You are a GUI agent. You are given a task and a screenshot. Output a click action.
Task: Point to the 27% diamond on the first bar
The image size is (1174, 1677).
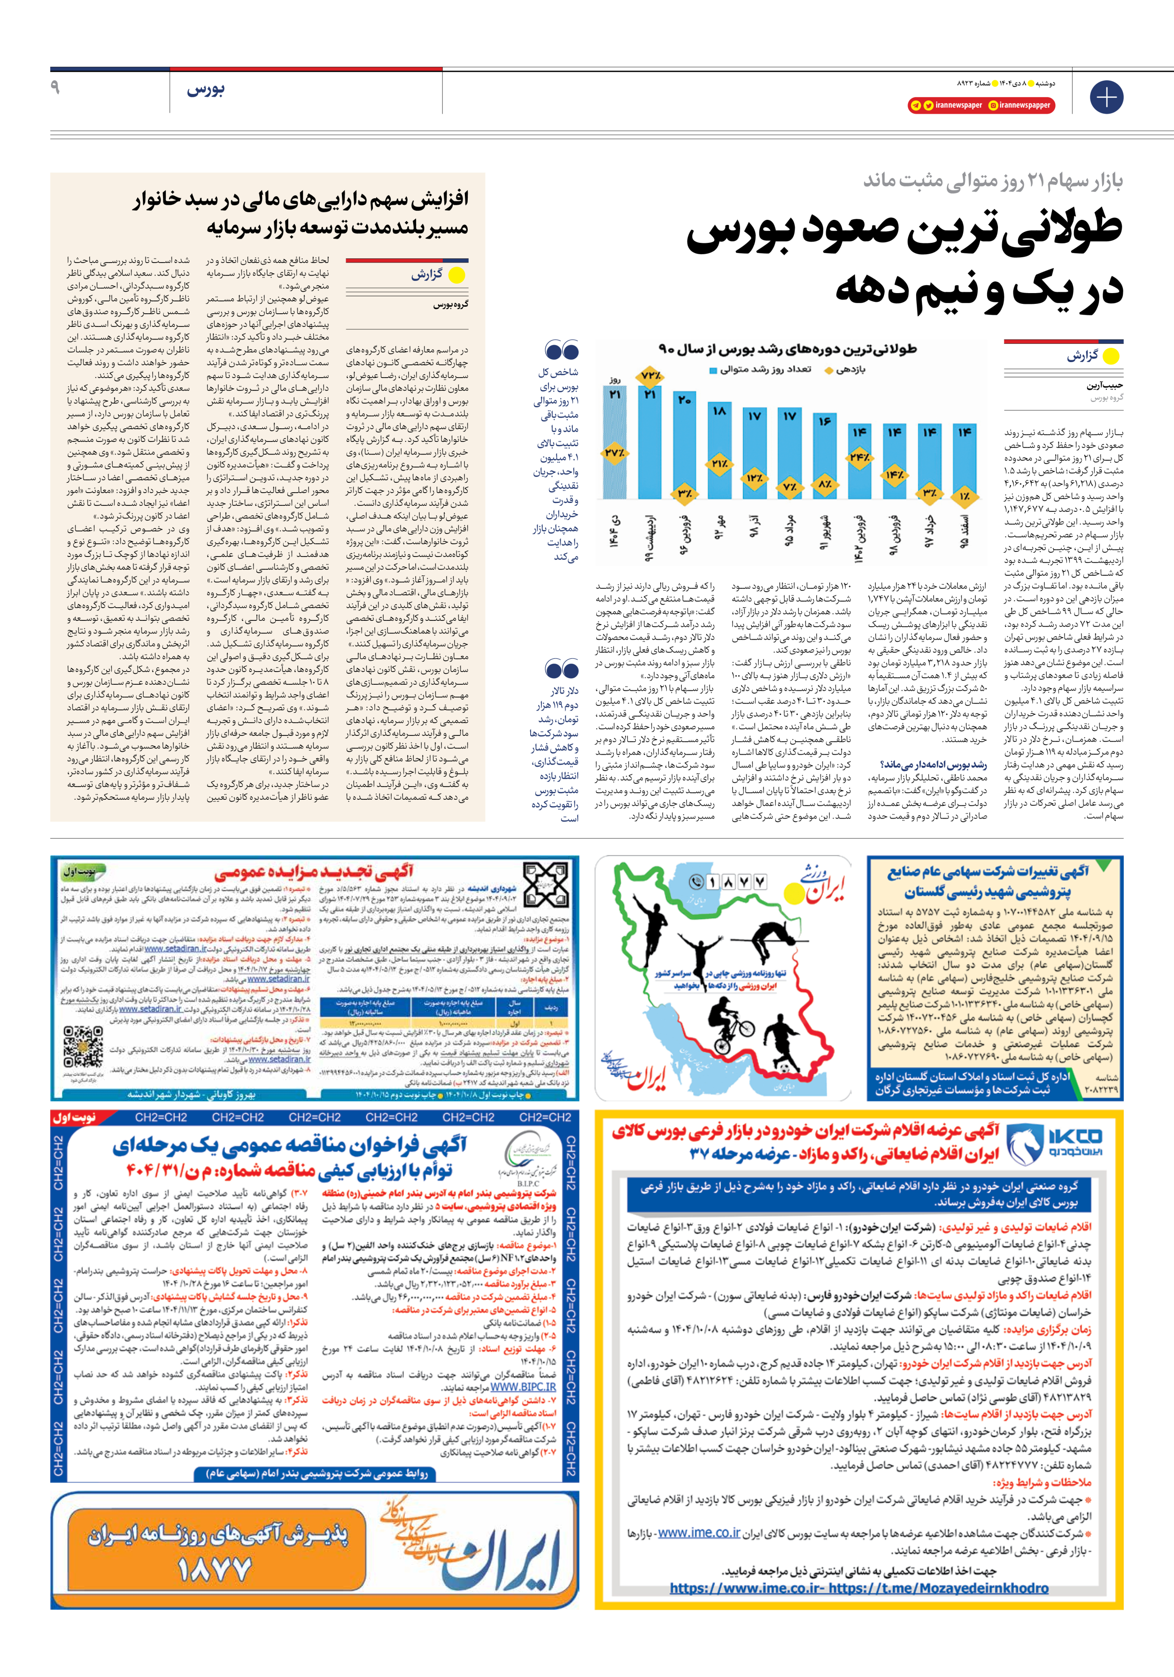pos(614,453)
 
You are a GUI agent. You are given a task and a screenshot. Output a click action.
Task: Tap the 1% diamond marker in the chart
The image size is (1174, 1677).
pos(965,496)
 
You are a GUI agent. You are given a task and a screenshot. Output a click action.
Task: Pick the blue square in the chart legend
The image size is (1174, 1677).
pos(713,371)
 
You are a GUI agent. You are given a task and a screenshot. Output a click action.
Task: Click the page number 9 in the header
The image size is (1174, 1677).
pos(55,88)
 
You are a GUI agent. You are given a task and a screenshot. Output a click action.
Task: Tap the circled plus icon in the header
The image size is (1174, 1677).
pos(1106,97)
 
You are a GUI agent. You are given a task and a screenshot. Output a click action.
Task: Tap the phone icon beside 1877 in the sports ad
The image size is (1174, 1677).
pos(695,881)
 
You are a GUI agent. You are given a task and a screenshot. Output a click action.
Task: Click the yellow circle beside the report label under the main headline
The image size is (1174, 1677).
pos(1111,356)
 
